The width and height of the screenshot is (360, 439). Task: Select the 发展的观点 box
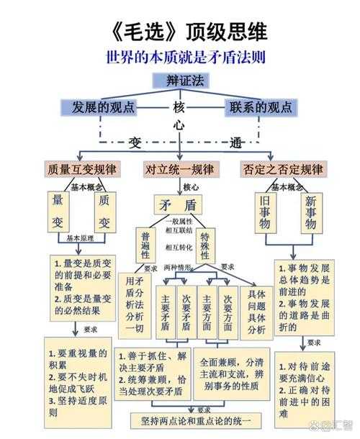tap(102, 108)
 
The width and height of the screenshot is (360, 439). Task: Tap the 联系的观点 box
tap(260, 108)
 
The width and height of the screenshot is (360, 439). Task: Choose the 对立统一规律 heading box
tap(179, 171)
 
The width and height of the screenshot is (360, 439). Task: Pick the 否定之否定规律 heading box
tap(282, 171)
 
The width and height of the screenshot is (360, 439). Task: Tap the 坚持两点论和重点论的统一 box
tap(194, 420)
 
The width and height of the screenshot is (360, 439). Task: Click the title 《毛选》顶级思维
tap(180, 32)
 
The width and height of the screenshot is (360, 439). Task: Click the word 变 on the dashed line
tap(135, 142)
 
